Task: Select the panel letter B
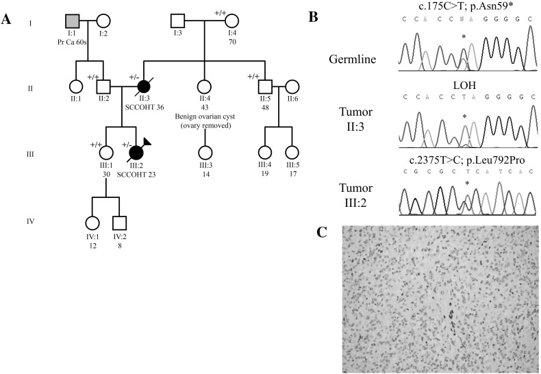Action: [313, 15]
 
